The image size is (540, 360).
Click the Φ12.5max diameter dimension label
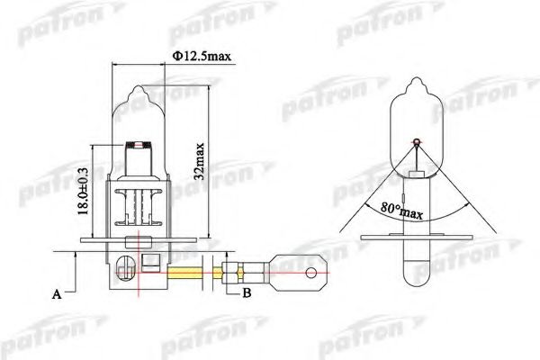[202, 56]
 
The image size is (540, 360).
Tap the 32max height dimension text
[199, 161]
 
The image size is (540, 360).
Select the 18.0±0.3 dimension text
[83, 191]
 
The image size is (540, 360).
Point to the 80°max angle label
[401, 210]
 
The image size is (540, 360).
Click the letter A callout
[57, 294]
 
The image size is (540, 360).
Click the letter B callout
[247, 292]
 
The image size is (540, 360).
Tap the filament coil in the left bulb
[139, 145]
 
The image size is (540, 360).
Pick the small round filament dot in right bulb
[417, 141]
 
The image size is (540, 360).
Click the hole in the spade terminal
[311, 274]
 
